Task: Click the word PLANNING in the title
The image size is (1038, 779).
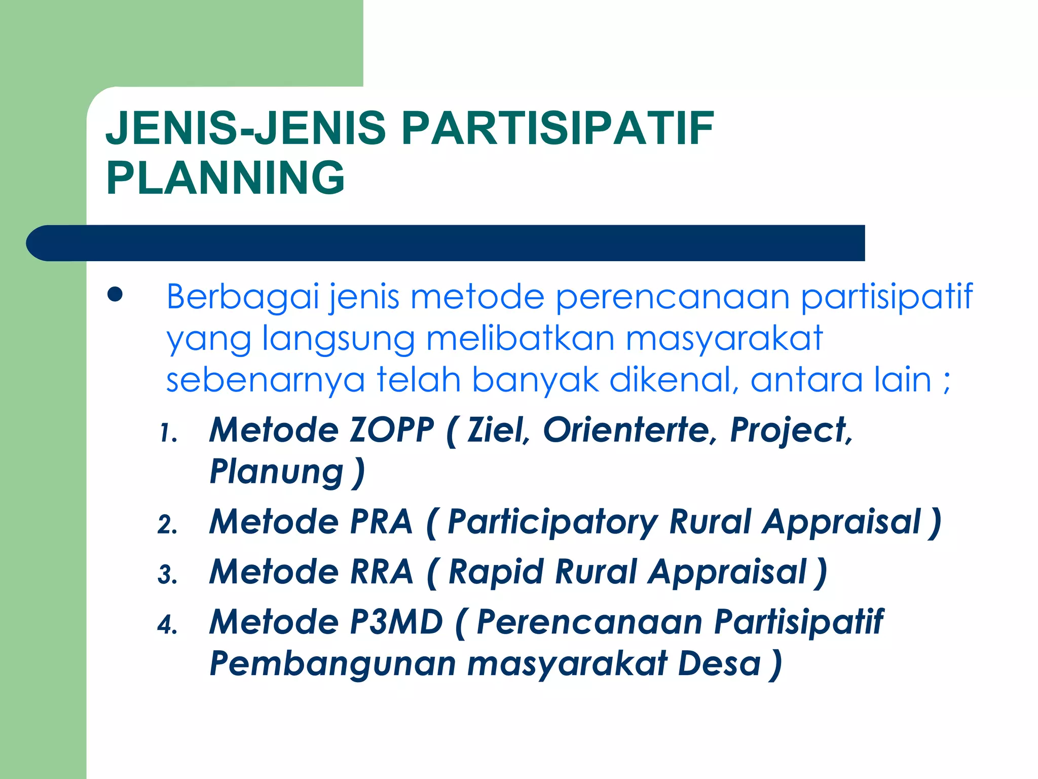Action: pos(225,178)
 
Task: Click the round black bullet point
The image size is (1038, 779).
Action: pos(115,295)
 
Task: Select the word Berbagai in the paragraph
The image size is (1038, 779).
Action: pos(243,297)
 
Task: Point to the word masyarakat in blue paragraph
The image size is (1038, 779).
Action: pos(725,339)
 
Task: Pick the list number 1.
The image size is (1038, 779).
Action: pos(168,434)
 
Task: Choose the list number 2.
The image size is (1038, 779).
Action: pos(167,525)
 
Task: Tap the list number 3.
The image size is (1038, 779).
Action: pos(167,575)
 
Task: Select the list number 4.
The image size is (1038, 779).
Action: pos(167,625)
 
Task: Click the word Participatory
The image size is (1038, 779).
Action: pos(552,523)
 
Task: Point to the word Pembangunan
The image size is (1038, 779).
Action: pos(332,664)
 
